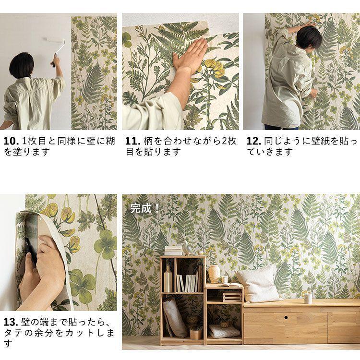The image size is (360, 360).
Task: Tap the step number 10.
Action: tap(11, 142)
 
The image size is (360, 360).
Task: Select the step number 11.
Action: tap(132, 142)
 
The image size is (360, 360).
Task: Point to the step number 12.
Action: tap(254, 142)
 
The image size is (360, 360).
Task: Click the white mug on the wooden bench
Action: tap(308, 298)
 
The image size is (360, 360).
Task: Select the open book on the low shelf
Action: tap(230, 285)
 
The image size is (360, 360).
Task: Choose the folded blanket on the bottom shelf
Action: tap(224, 331)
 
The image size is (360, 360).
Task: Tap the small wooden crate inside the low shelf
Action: tap(232, 296)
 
